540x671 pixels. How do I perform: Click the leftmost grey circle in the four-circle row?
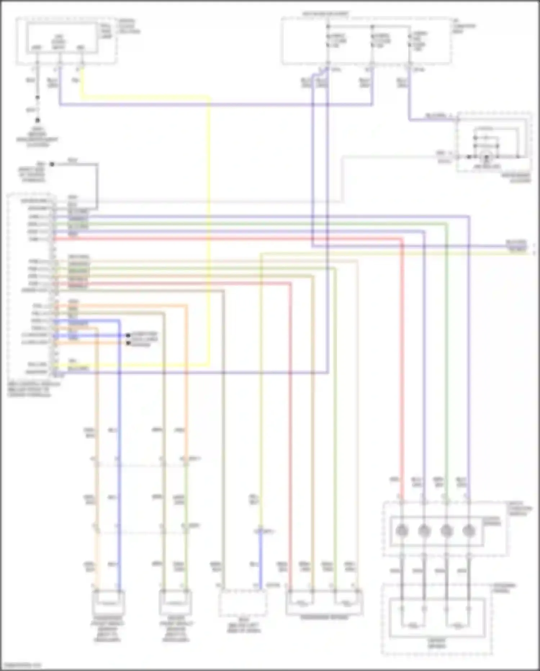coord(401,531)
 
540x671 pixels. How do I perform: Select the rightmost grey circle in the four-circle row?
coord(468,531)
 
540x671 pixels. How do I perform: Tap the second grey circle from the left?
coord(424,531)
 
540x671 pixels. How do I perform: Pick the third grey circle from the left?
coord(446,531)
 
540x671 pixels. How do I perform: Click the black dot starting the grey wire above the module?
coord(52,164)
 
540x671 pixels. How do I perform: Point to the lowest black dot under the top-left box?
coord(37,120)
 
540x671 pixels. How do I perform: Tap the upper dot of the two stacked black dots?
coord(128,335)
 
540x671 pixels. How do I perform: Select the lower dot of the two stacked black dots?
coord(128,343)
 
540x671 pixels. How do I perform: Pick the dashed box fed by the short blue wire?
coord(243,603)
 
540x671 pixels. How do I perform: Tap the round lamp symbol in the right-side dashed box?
coord(487,157)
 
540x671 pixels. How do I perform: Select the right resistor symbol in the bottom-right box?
coord(458,623)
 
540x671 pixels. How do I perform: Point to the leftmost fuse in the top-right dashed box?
coord(328,40)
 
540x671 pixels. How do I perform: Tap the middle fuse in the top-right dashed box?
coord(372,40)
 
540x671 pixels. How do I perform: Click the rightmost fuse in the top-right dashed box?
coord(409,40)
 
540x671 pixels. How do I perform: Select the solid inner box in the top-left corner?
coord(62,39)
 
